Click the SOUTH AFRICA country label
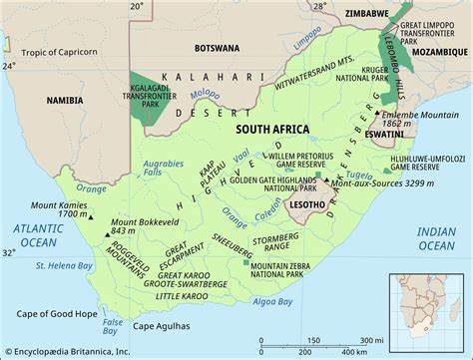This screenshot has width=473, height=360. pos(271,130)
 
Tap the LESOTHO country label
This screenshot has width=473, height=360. pos(306,205)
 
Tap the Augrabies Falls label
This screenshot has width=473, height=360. pos(163,167)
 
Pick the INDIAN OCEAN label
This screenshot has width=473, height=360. pos(436,238)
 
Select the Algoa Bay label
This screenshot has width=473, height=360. pos(272,301)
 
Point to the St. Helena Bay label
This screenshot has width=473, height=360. pos(64,265)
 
